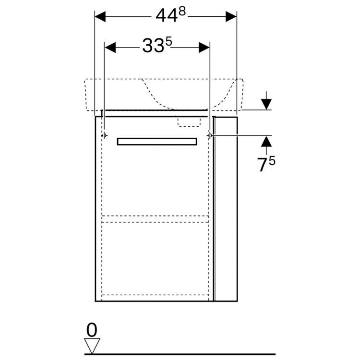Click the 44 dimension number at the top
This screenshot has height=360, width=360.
click(167, 16)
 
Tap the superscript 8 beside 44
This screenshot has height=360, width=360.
click(182, 11)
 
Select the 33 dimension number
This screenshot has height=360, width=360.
click(153, 46)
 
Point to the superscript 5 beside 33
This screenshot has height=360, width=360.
click(168, 42)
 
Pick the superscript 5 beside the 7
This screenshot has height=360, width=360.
click(272, 161)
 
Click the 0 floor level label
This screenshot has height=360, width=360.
click(92, 330)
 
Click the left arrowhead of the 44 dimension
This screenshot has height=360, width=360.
click(100, 16)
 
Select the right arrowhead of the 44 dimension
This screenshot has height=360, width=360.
click(231, 16)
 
